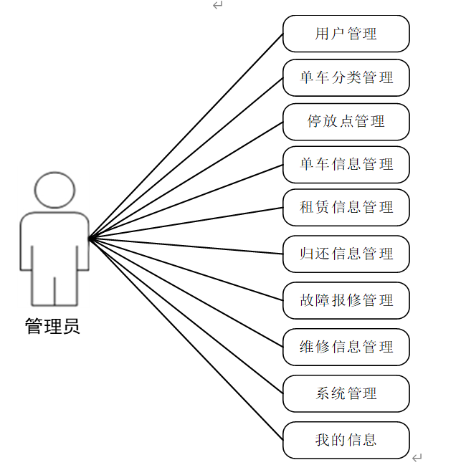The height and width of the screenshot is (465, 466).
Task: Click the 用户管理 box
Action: [x=346, y=34]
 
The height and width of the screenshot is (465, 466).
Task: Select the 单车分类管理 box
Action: [x=346, y=77]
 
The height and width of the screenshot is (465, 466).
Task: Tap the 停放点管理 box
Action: [x=346, y=121]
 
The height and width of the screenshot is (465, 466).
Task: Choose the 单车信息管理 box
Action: [x=346, y=164]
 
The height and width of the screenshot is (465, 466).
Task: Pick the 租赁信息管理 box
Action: [x=346, y=208]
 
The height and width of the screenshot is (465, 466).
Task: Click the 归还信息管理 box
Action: [x=346, y=254]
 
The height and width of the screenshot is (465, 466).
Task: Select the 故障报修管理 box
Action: [x=346, y=300]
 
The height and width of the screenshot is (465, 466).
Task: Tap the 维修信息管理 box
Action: [x=346, y=347]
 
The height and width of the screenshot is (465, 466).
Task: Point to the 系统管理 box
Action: [x=346, y=393]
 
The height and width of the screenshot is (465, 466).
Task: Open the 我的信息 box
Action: [x=346, y=440]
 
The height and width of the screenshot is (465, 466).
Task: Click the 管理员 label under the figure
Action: [x=52, y=327]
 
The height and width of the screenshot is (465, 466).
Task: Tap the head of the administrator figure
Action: [x=54, y=189]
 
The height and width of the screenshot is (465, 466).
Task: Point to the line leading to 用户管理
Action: [x=186, y=135]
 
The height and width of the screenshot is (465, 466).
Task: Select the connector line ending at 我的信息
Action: [x=186, y=338]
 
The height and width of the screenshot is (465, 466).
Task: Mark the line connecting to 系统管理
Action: [x=186, y=316]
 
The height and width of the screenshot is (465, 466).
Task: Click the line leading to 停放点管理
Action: [x=186, y=179]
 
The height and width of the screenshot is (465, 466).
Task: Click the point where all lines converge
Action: [x=89, y=237]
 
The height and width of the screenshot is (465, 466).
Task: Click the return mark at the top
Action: [x=218, y=5]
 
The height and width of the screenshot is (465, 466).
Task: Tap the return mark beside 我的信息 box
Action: [x=417, y=456]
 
